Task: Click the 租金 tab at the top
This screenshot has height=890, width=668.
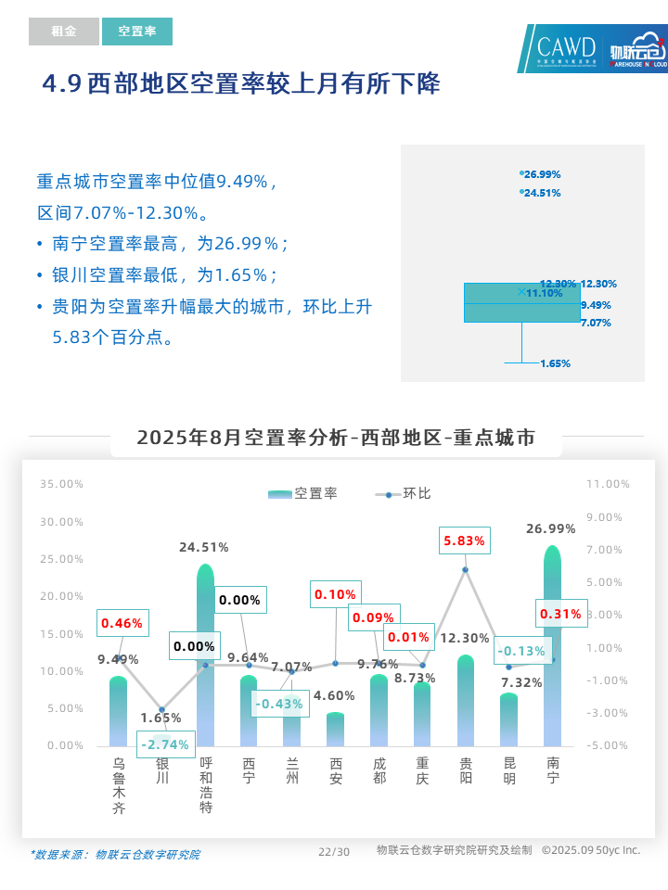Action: [63, 32]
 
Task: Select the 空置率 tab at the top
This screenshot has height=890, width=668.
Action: [137, 32]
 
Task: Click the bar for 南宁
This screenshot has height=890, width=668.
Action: [553, 649]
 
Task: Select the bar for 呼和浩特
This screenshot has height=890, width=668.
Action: [205, 658]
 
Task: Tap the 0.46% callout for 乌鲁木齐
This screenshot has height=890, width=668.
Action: [122, 624]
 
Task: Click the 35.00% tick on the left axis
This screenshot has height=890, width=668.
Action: [61, 484]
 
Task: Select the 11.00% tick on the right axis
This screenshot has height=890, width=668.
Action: [608, 484]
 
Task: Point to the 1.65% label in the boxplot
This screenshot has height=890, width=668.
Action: [555, 363]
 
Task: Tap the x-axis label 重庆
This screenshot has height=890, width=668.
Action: [422, 771]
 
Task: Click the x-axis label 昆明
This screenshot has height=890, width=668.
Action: [509, 771]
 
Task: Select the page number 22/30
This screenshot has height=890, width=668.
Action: [334, 852]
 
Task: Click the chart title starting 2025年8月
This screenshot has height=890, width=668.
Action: [336, 438]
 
